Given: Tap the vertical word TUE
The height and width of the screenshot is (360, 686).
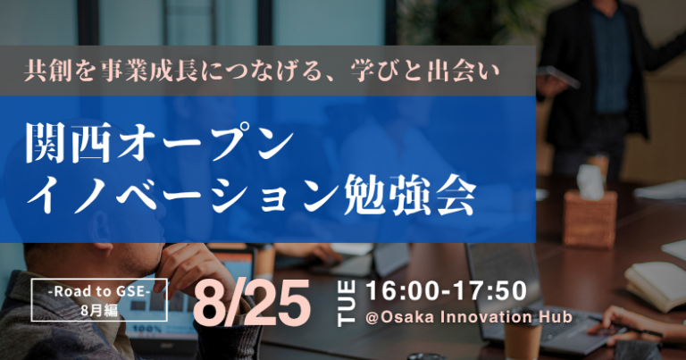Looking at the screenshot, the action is tap(346, 304).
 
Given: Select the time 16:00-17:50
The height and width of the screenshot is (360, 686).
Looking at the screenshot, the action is tap(446, 291).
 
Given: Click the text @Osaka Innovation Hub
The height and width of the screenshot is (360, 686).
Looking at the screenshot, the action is tap(469, 317).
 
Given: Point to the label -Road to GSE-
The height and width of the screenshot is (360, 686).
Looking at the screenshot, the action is tap(99, 291).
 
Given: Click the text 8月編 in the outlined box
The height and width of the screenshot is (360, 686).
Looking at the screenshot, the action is tap(99, 311).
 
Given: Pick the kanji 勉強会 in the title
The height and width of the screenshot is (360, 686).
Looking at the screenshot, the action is tap(409, 195).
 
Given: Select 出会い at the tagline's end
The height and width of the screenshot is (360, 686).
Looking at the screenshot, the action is tap(464, 71).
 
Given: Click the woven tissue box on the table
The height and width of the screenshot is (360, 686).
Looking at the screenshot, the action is tap(590, 219).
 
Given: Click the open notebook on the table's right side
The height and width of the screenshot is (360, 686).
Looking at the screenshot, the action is tap(656, 284).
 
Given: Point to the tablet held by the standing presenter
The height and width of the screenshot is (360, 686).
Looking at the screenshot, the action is tap(558, 76).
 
